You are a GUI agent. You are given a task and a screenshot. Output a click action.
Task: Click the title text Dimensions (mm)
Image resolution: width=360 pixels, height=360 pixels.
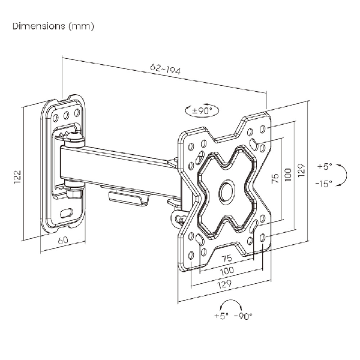tap(52, 27)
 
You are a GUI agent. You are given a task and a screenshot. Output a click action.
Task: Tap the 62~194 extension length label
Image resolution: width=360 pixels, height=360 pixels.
tap(164, 70)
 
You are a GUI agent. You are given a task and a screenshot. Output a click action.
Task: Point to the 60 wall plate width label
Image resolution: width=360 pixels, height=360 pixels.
tap(62, 241)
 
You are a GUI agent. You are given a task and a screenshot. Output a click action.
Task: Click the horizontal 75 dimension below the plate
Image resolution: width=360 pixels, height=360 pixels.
tap(226, 259)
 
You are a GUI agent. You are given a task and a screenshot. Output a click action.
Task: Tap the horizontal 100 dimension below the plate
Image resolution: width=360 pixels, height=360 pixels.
tap(226, 272)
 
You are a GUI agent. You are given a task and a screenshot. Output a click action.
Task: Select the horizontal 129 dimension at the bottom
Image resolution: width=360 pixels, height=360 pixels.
tap(226, 285)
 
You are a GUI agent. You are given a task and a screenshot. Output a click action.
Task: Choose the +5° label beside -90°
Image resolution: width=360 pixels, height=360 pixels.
tap(220, 315)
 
